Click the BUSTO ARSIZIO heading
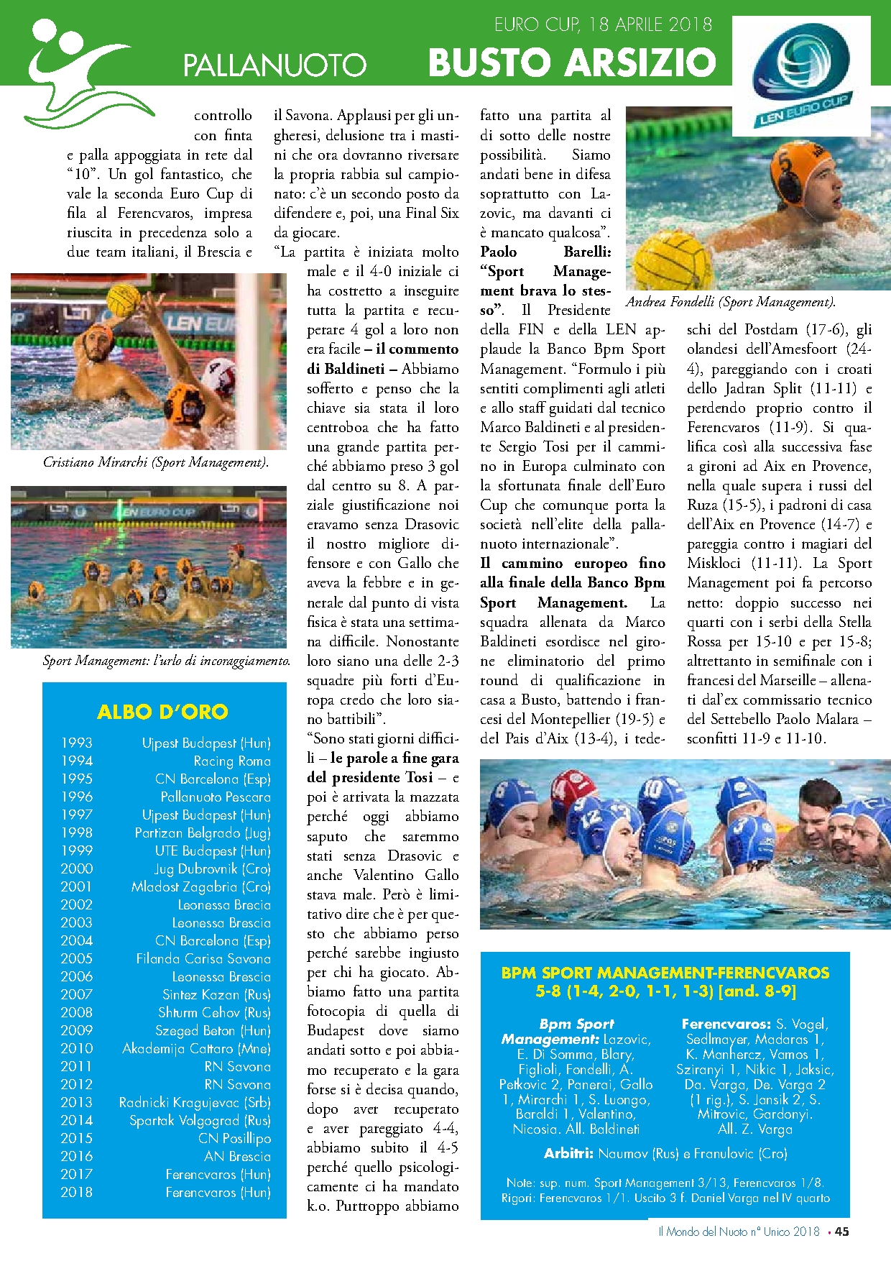tap(571, 63)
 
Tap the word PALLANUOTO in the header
tap(274, 65)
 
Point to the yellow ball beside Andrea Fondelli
tap(674, 257)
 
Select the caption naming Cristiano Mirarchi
tap(156, 462)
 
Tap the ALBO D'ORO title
tap(162, 712)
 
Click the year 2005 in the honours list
tap(77, 958)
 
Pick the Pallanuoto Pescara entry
tap(216, 797)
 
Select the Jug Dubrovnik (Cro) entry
tap(212, 868)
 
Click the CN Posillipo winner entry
tap(234, 1138)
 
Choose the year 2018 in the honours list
tap(77, 1192)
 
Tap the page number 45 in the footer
tap(841, 1232)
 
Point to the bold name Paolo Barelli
tap(545, 252)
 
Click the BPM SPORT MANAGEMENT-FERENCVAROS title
tap(665, 973)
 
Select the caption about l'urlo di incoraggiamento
tap(167, 660)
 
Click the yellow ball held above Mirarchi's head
tap(123, 300)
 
